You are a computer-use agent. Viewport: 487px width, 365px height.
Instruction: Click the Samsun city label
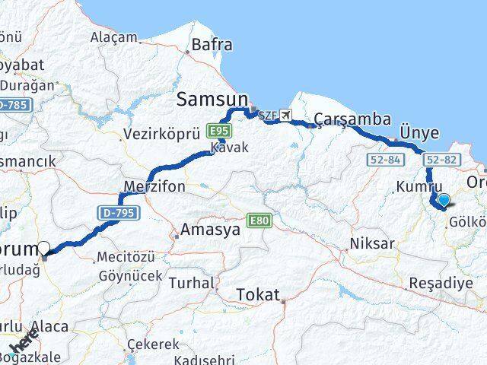click(x=212, y=98)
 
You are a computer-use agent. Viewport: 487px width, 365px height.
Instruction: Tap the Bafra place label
click(x=212, y=45)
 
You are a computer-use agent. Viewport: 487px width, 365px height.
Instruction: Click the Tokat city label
click(x=258, y=294)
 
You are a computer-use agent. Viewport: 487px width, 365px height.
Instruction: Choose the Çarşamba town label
click(x=352, y=119)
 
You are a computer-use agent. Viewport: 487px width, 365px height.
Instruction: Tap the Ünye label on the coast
click(x=420, y=133)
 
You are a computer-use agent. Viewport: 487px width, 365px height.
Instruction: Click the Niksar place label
click(x=372, y=244)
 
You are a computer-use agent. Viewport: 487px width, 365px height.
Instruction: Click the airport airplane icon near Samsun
click(x=286, y=116)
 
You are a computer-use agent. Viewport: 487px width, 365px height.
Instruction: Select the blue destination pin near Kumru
click(x=444, y=200)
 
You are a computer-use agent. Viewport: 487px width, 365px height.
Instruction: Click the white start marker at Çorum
click(x=44, y=247)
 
